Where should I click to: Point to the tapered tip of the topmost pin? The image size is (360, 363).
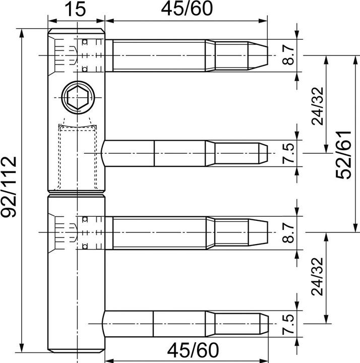[x=257, y=55]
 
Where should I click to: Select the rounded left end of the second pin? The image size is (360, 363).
[x=105, y=153]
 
